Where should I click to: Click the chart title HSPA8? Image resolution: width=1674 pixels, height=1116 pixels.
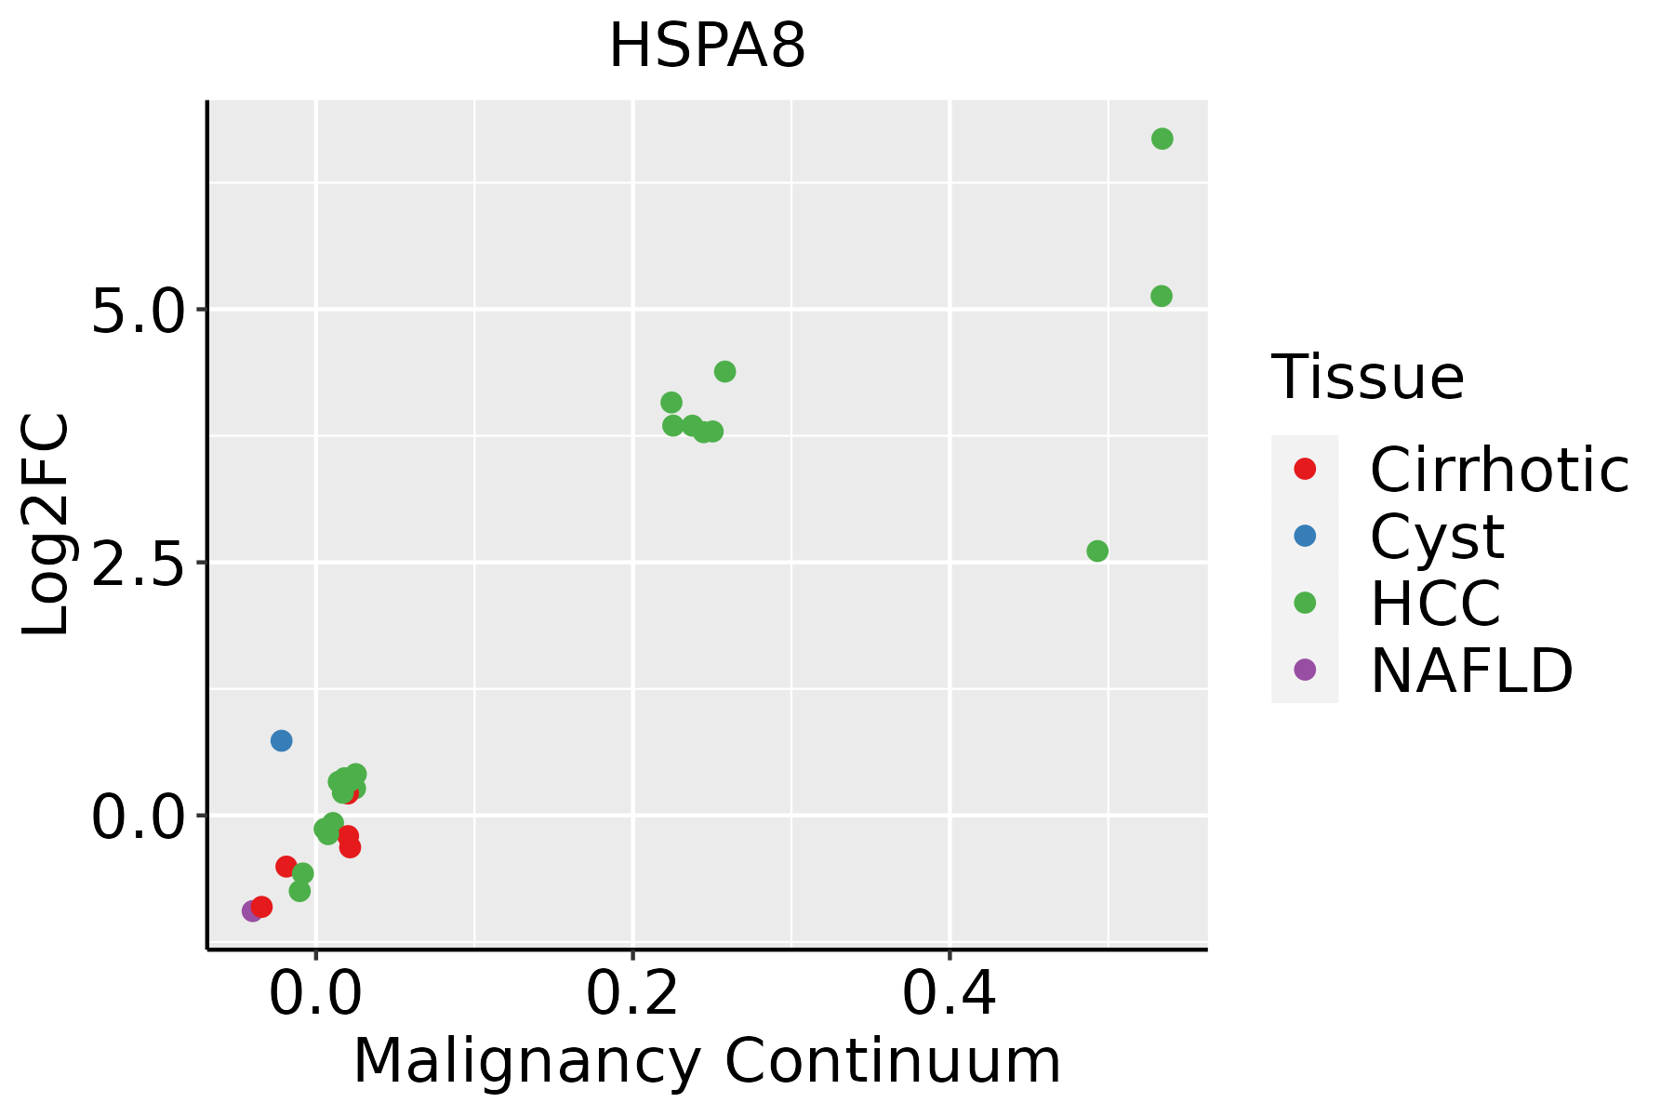[707, 46]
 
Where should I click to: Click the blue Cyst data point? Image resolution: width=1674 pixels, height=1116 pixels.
[281, 740]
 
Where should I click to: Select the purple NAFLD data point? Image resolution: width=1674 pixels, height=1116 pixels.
[251, 910]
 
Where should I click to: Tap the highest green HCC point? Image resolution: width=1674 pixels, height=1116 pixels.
[1162, 139]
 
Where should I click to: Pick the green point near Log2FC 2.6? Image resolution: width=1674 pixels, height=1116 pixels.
[1097, 551]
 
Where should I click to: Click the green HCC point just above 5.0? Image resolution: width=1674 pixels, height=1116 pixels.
[1161, 296]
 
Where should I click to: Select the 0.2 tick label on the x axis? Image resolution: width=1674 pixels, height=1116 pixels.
[632, 995]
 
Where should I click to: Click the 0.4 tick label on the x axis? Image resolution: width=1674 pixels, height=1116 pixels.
[950, 995]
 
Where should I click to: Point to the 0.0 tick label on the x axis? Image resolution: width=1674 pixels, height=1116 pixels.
[315, 995]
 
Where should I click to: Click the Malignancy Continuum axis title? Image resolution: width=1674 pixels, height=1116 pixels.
[707, 1062]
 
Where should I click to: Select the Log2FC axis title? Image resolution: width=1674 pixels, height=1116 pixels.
[46, 525]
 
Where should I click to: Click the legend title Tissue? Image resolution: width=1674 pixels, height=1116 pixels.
[1367, 378]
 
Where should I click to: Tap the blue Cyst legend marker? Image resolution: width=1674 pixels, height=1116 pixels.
[1305, 536]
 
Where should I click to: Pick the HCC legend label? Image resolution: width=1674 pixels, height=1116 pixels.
[1435, 604]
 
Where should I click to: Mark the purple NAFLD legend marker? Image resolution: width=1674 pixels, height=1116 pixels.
[1305, 669]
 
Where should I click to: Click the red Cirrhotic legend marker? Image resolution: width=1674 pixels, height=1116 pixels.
[1305, 469]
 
